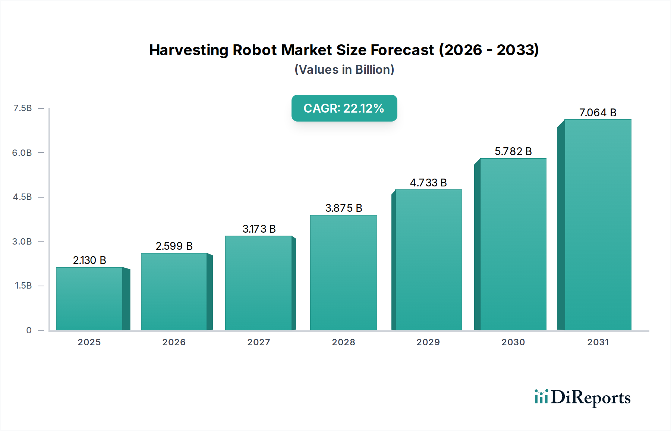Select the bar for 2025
89,298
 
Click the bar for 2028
343,272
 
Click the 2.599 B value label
174,246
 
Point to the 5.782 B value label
513,151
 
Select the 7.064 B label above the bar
598,113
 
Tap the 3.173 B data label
259,229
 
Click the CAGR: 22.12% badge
344,108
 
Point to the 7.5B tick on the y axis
22,108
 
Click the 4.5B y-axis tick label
22,197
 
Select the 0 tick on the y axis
29,330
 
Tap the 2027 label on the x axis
259,342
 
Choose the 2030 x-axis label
513,342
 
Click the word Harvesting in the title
189,50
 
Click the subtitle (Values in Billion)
344,70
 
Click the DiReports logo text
590,398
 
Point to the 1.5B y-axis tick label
23,286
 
